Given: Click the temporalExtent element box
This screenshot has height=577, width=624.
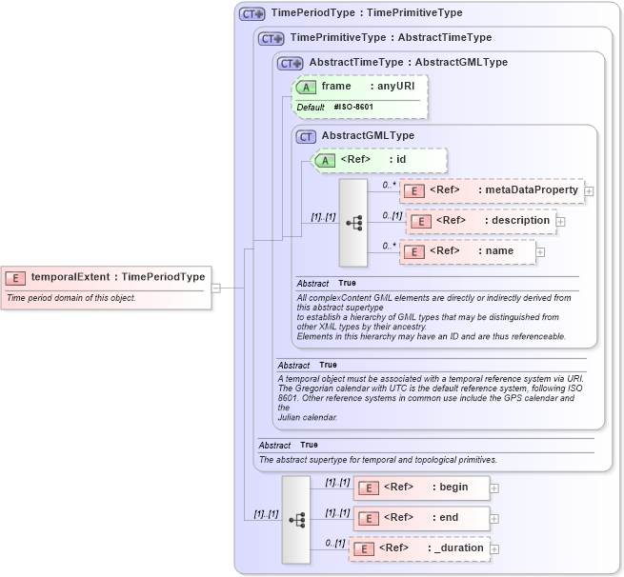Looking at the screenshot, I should coord(106,277).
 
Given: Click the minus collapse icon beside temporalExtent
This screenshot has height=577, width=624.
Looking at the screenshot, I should coord(216,288).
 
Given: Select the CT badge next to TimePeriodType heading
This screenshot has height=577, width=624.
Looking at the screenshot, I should coord(252,13).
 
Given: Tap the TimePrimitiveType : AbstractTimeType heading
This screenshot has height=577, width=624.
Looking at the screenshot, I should coord(391,37).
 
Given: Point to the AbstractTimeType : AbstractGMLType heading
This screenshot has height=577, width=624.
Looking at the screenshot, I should coord(408,62).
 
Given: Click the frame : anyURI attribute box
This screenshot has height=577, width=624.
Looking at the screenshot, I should coord(359,87).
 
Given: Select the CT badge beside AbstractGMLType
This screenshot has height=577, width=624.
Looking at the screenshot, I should coord(306,136).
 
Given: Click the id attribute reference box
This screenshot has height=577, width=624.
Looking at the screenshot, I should coord(379,160).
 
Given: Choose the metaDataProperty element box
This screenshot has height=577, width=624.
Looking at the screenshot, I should coord(491,190).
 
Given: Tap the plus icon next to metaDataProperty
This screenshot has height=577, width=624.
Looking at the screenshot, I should coord(589,191).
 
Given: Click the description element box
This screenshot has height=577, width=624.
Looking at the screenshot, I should coord(480,221).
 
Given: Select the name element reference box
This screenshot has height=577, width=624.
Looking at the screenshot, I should coord(467,251).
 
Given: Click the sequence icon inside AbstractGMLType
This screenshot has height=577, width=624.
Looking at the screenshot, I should coord(353,223).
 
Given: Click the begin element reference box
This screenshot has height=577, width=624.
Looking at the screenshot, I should coord(421,487).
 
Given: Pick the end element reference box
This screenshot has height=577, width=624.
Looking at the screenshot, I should coord(421,519).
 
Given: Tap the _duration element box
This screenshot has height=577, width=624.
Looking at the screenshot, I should coord(419,548).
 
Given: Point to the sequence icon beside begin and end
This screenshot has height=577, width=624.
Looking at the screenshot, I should coord(296,519).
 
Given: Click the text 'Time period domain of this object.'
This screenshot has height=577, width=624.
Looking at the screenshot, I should coord(71,298).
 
